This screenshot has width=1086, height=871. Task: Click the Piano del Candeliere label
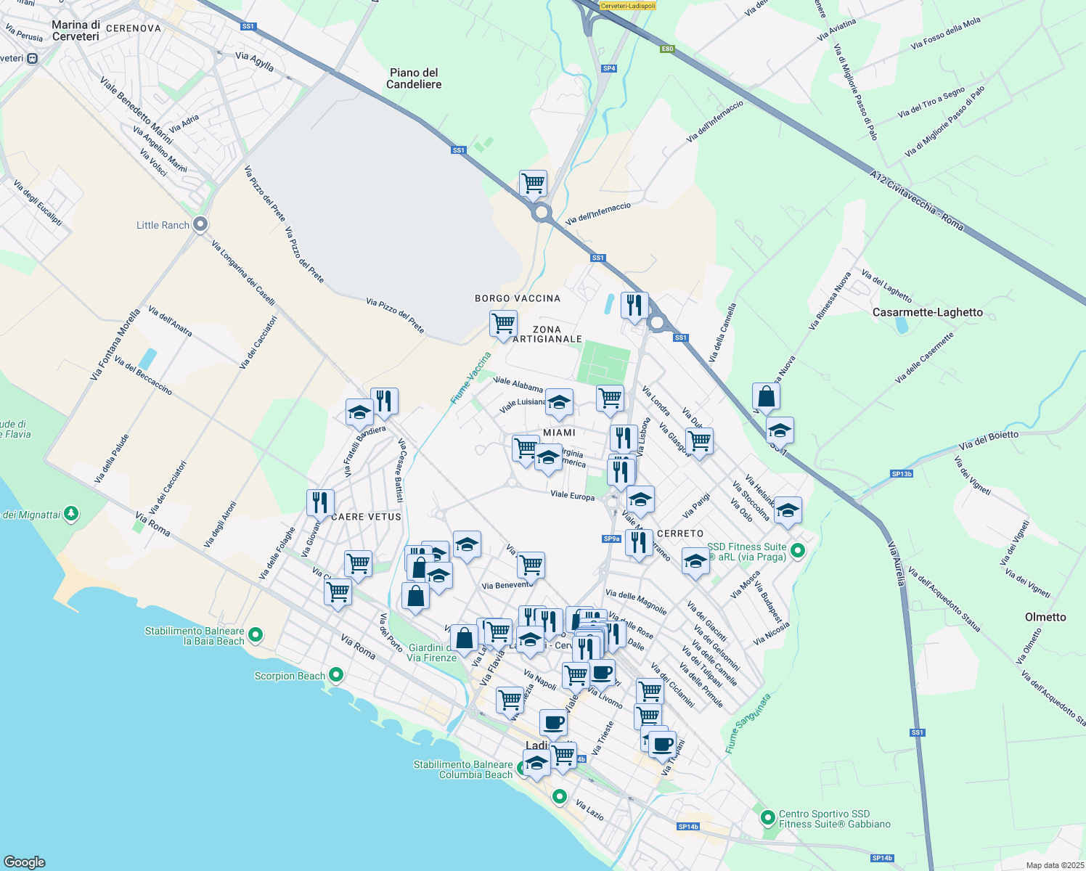414,78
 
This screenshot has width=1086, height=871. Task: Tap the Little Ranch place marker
201,225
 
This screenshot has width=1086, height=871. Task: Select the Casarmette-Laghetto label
927,312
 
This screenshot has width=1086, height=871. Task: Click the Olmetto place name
1045,617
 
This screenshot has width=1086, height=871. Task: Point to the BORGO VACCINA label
518,298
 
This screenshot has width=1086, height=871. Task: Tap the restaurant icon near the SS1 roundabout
634,306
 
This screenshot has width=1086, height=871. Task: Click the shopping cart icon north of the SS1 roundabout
533,184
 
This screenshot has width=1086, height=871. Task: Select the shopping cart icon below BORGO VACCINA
502,324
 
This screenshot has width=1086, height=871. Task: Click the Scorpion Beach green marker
335,675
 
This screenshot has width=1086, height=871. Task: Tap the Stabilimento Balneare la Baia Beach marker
256,635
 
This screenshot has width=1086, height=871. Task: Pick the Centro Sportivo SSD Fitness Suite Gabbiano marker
768,819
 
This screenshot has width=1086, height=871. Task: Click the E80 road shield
667,49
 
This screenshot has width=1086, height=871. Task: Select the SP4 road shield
609,68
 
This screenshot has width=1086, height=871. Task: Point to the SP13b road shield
902,474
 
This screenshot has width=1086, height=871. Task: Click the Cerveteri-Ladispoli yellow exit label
628,6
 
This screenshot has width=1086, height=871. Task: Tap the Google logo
25,862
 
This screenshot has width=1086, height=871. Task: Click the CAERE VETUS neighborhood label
366,517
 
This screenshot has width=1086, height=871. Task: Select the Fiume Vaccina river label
471,377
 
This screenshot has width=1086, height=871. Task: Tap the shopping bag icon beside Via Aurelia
766,397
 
